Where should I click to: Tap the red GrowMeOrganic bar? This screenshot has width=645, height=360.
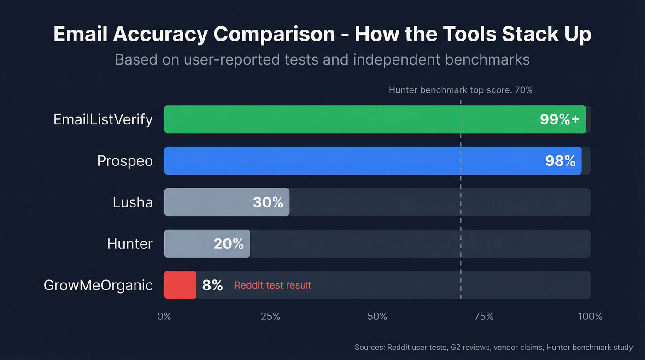tap(180, 285)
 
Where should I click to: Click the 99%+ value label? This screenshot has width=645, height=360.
tap(559, 119)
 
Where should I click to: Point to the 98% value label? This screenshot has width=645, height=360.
tap(560, 161)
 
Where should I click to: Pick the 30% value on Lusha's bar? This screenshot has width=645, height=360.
tap(268, 202)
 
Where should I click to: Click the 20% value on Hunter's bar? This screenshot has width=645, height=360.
tap(229, 244)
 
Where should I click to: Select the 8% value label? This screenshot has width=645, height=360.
tap(212, 285)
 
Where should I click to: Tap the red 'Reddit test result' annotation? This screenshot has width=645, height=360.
tap(273, 285)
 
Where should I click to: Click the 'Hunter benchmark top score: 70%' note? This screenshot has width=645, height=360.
tap(460, 90)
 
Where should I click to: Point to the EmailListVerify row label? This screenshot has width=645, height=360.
tap(103, 119)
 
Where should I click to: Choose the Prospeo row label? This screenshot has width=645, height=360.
tap(125, 161)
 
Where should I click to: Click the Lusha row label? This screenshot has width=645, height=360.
tap(133, 202)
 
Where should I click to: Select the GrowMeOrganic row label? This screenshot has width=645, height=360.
tap(98, 285)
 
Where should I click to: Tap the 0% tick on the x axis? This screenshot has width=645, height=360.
tap(164, 316)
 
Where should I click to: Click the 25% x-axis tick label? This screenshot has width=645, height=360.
tap(270, 316)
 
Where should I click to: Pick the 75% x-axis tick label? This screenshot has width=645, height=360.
tap(483, 316)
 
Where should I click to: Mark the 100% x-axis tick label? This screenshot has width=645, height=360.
tap(590, 316)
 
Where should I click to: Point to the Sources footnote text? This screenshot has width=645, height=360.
tap(493, 347)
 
